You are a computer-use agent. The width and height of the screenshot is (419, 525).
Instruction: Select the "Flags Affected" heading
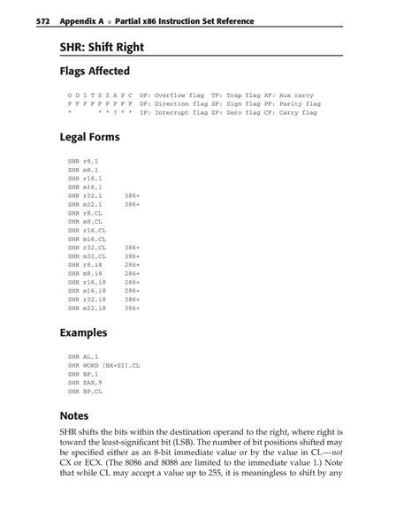95,71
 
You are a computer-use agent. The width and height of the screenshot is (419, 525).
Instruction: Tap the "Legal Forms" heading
89,138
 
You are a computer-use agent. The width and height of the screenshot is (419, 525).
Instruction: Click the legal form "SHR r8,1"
83,163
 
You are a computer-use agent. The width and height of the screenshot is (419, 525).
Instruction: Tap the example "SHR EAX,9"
85,382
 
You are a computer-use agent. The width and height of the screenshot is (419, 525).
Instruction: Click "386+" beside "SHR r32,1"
133,196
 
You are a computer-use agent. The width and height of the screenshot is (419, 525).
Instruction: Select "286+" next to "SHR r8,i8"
133,265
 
